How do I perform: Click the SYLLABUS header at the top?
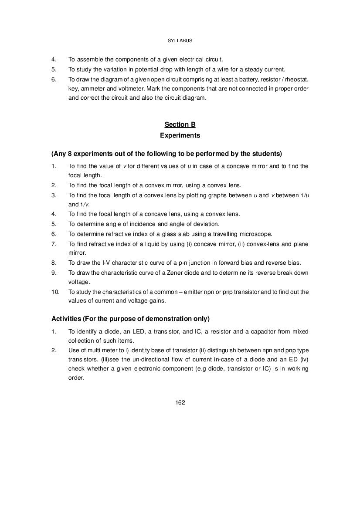pyautogui.click(x=180, y=40)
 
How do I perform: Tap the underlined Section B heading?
pyautogui.click(x=180, y=125)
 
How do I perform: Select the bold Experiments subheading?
pyautogui.click(x=180, y=135)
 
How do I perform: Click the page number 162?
pyautogui.click(x=180, y=402)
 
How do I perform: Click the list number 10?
pyautogui.click(x=54, y=292)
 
